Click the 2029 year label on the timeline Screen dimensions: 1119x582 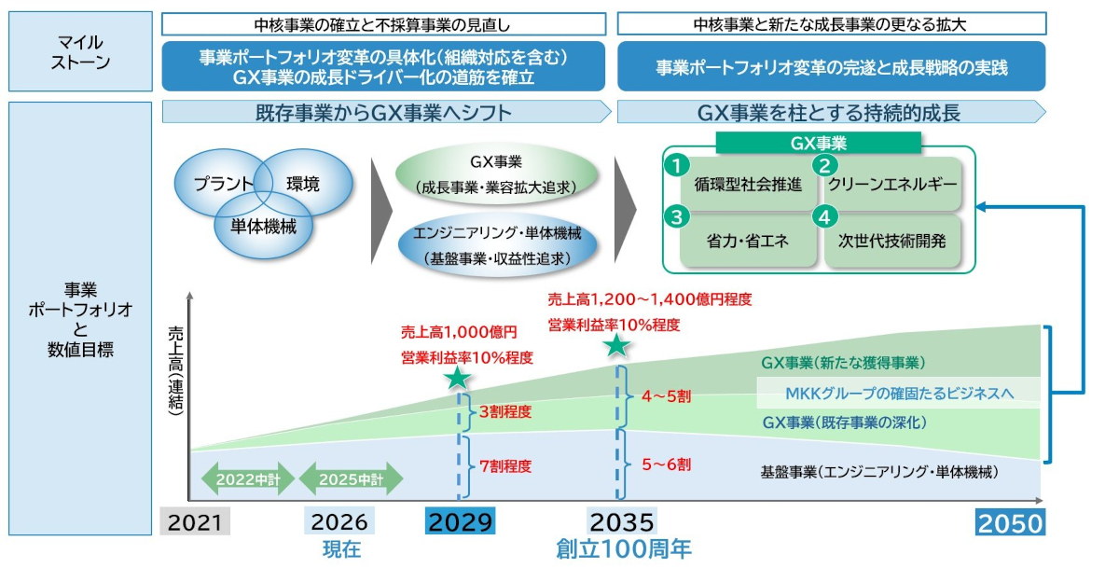pyautogui.click(x=460, y=521)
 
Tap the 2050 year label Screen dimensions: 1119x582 pyautogui.click(x=1010, y=522)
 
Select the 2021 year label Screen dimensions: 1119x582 pyautogui.click(x=195, y=521)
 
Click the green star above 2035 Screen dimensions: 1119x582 pyautogui.click(x=616, y=345)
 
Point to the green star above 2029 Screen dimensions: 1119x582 pyautogui.click(x=457, y=378)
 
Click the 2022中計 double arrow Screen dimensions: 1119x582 pyautogui.click(x=248, y=478)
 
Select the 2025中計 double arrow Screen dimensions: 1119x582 pyautogui.click(x=351, y=478)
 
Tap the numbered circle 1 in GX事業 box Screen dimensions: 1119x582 pyautogui.click(x=677, y=165)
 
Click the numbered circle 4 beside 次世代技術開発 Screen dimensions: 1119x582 pyautogui.click(x=824, y=217)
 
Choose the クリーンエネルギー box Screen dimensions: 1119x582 pyautogui.click(x=892, y=184)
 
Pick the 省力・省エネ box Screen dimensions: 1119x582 pyautogui.click(x=748, y=241)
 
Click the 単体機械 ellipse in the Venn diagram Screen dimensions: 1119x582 pyautogui.click(x=263, y=226)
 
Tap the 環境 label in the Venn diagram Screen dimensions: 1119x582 pyautogui.click(x=303, y=184)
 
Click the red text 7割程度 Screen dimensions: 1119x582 pyautogui.click(x=505, y=466)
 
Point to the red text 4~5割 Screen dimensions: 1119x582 pyautogui.click(x=667, y=396)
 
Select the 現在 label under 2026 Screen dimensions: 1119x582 pyautogui.click(x=341, y=549)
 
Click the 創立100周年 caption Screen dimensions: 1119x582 pyautogui.click(x=624, y=549)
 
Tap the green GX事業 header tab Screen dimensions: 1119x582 pyautogui.click(x=819, y=143)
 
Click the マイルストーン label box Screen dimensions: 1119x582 pyautogui.click(x=80, y=51)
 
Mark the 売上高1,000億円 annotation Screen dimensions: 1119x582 pyautogui.click(x=459, y=332)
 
